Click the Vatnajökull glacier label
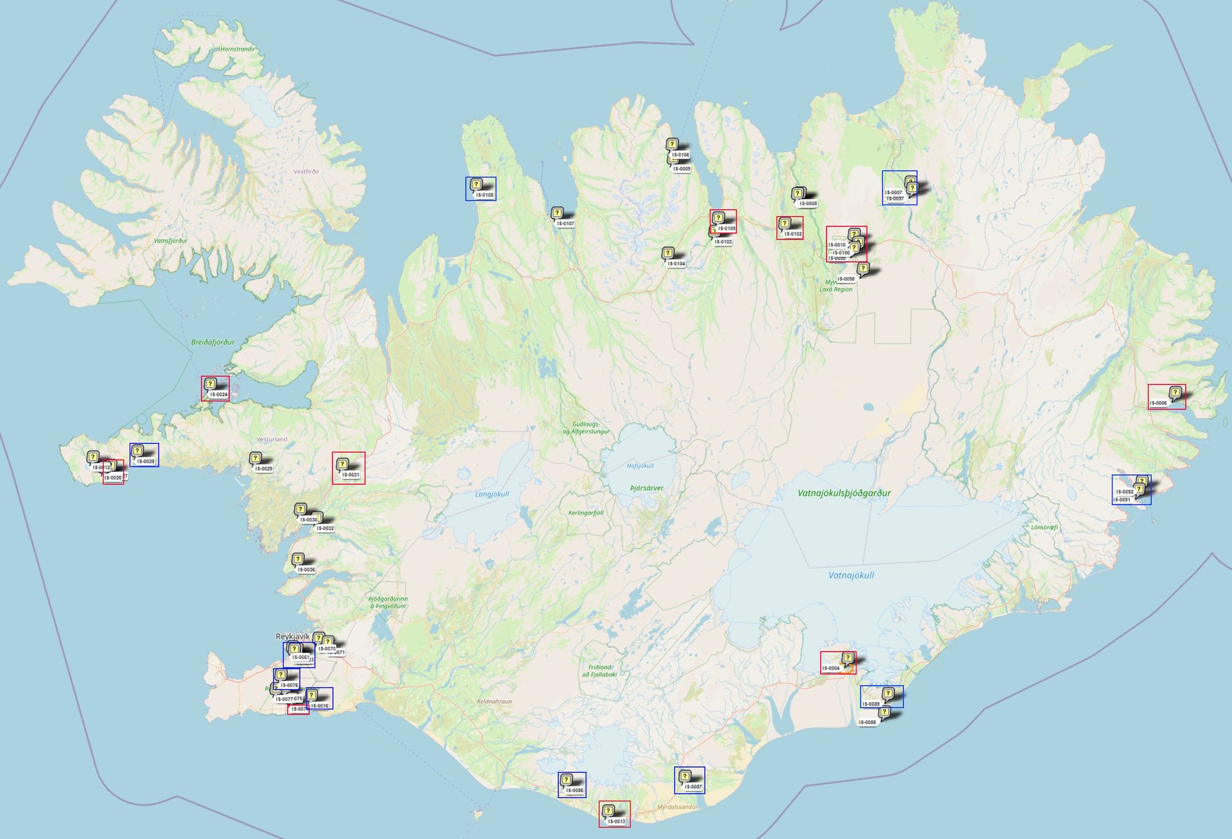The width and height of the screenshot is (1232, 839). [851, 575]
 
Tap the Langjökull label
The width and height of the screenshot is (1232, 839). [492, 494]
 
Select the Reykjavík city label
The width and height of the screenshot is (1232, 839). [293, 636]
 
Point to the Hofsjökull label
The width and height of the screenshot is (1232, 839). [640, 466]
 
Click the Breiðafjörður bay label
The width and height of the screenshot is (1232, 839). [212, 342]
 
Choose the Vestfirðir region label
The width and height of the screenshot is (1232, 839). [306, 171]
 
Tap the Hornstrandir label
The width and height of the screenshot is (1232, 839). [237, 49]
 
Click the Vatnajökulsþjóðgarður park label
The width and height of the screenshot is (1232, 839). [844, 493]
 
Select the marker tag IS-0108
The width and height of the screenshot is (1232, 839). [484, 195]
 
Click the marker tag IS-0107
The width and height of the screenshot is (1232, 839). [565, 224]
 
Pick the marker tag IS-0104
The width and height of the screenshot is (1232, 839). [676, 264]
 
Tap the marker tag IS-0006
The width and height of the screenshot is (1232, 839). [1158, 403]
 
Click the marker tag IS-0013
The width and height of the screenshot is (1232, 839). [616, 821]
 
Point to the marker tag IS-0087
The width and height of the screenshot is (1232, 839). [693, 786]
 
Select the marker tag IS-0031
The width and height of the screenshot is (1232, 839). [350, 475]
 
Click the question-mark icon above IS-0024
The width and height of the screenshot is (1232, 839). [210, 384]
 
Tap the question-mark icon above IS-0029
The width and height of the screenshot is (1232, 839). [255, 458]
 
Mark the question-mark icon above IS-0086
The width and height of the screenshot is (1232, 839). [566, 780]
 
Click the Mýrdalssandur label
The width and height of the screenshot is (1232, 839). [677, 807]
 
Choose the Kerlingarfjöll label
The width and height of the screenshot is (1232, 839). [586, 513]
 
